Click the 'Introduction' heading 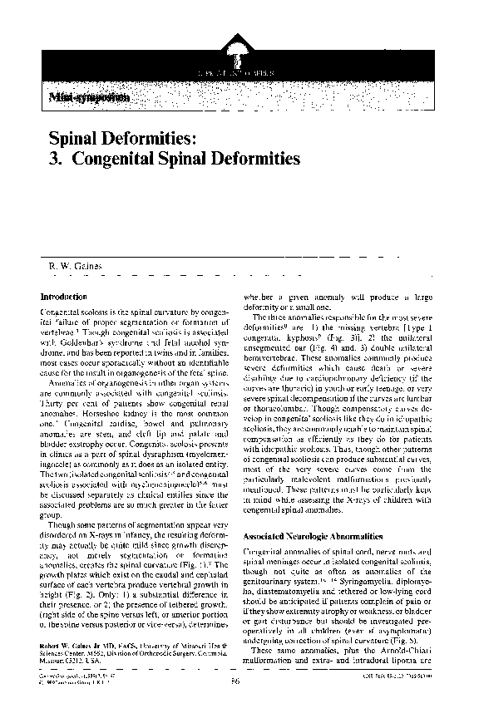64,297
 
